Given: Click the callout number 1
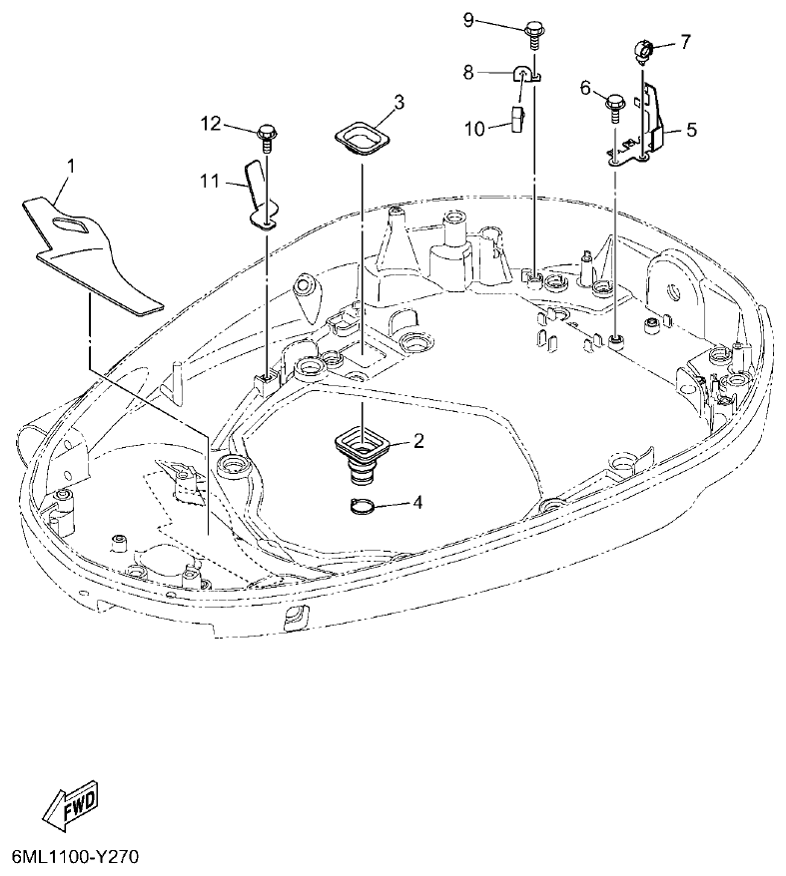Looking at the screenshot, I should click(70, 162).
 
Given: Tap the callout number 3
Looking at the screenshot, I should click(397, 102).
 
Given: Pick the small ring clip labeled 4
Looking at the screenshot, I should click(366, 506).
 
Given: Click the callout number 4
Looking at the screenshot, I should click(417, 502).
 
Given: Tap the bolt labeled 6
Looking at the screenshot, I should click(615, 104).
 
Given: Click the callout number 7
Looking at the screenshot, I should click(684, 41).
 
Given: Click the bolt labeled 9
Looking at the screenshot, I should click(532, 30).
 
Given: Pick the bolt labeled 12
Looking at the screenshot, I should click(267, 133).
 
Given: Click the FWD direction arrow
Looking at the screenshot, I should click(72, 803).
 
